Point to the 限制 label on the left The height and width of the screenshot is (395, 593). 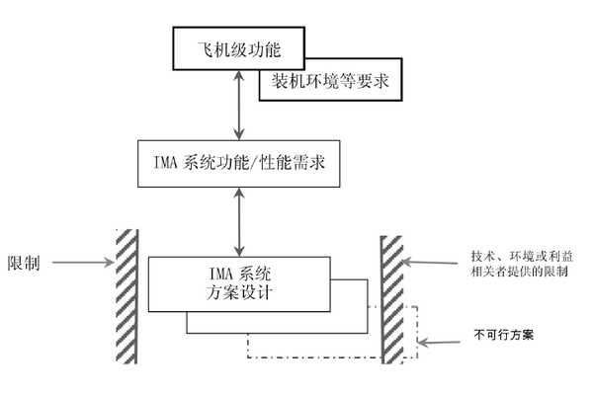(24, 264)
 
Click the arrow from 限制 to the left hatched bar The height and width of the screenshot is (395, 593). (80, 264)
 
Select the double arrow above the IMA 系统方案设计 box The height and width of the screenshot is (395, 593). (236, 223)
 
